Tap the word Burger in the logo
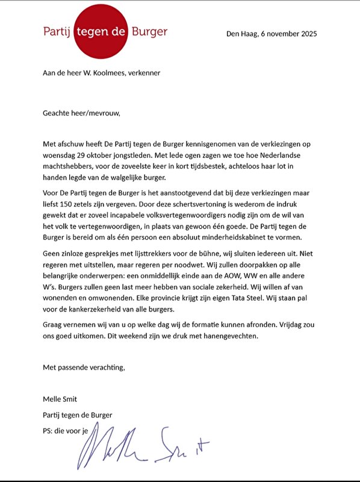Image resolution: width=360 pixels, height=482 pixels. (149, 31)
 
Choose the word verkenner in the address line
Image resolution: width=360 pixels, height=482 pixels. (143, 74)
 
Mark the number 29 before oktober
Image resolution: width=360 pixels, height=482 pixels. (86, 155)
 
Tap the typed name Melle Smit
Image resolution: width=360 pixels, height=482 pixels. (60, 399)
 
